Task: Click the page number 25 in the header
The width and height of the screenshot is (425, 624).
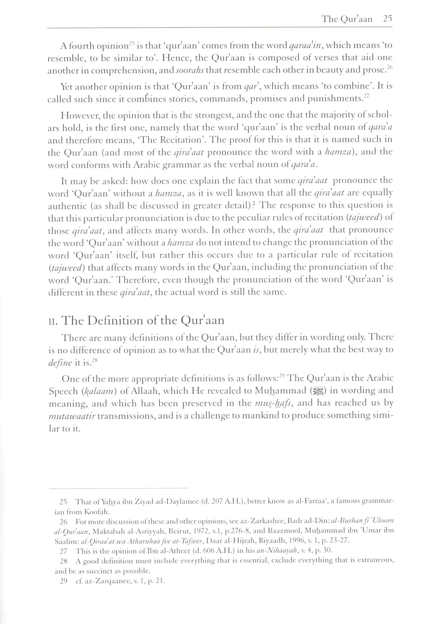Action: [x=387, y=19]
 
